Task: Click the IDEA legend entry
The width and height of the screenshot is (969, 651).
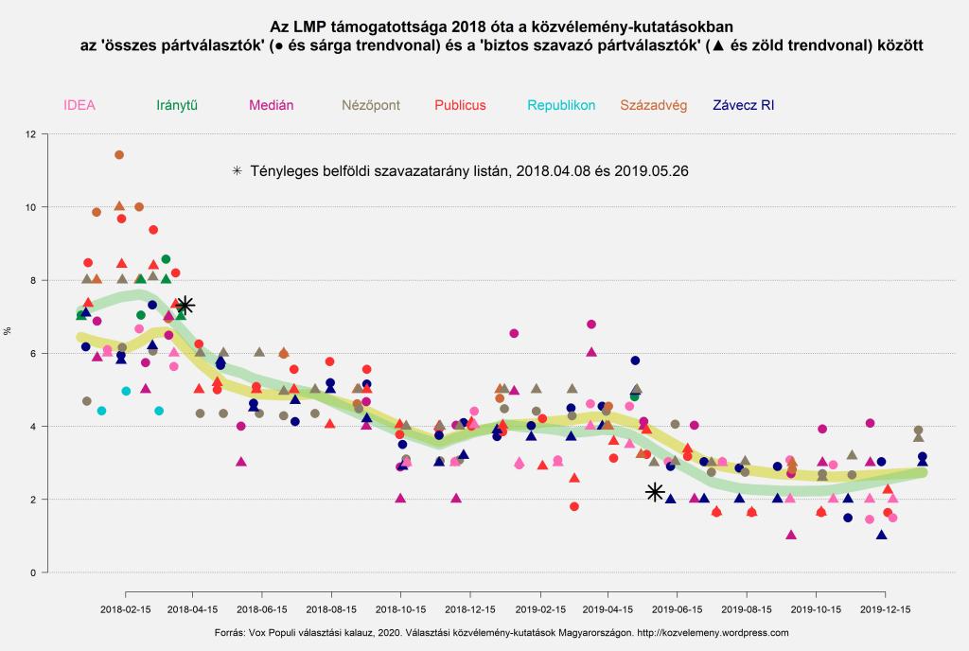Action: (x=79, y=105)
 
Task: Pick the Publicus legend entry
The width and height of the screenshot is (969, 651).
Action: (x=460, y=105)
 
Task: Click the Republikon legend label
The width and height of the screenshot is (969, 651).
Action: (x=561, y=105)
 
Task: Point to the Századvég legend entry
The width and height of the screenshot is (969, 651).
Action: (x=653, y=105)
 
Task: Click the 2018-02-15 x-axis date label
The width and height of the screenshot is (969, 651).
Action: (x=126, y=610)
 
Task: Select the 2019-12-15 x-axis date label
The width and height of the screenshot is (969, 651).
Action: (x=885, y=610)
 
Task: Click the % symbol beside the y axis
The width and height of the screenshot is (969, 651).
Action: (x=8, y=331)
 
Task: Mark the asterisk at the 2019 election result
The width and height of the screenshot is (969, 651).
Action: (x=655, y=492)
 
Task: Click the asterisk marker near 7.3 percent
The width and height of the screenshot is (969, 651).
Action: (x=185, y=305)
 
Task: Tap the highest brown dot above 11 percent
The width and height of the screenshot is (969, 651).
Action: (x=119, y=154)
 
